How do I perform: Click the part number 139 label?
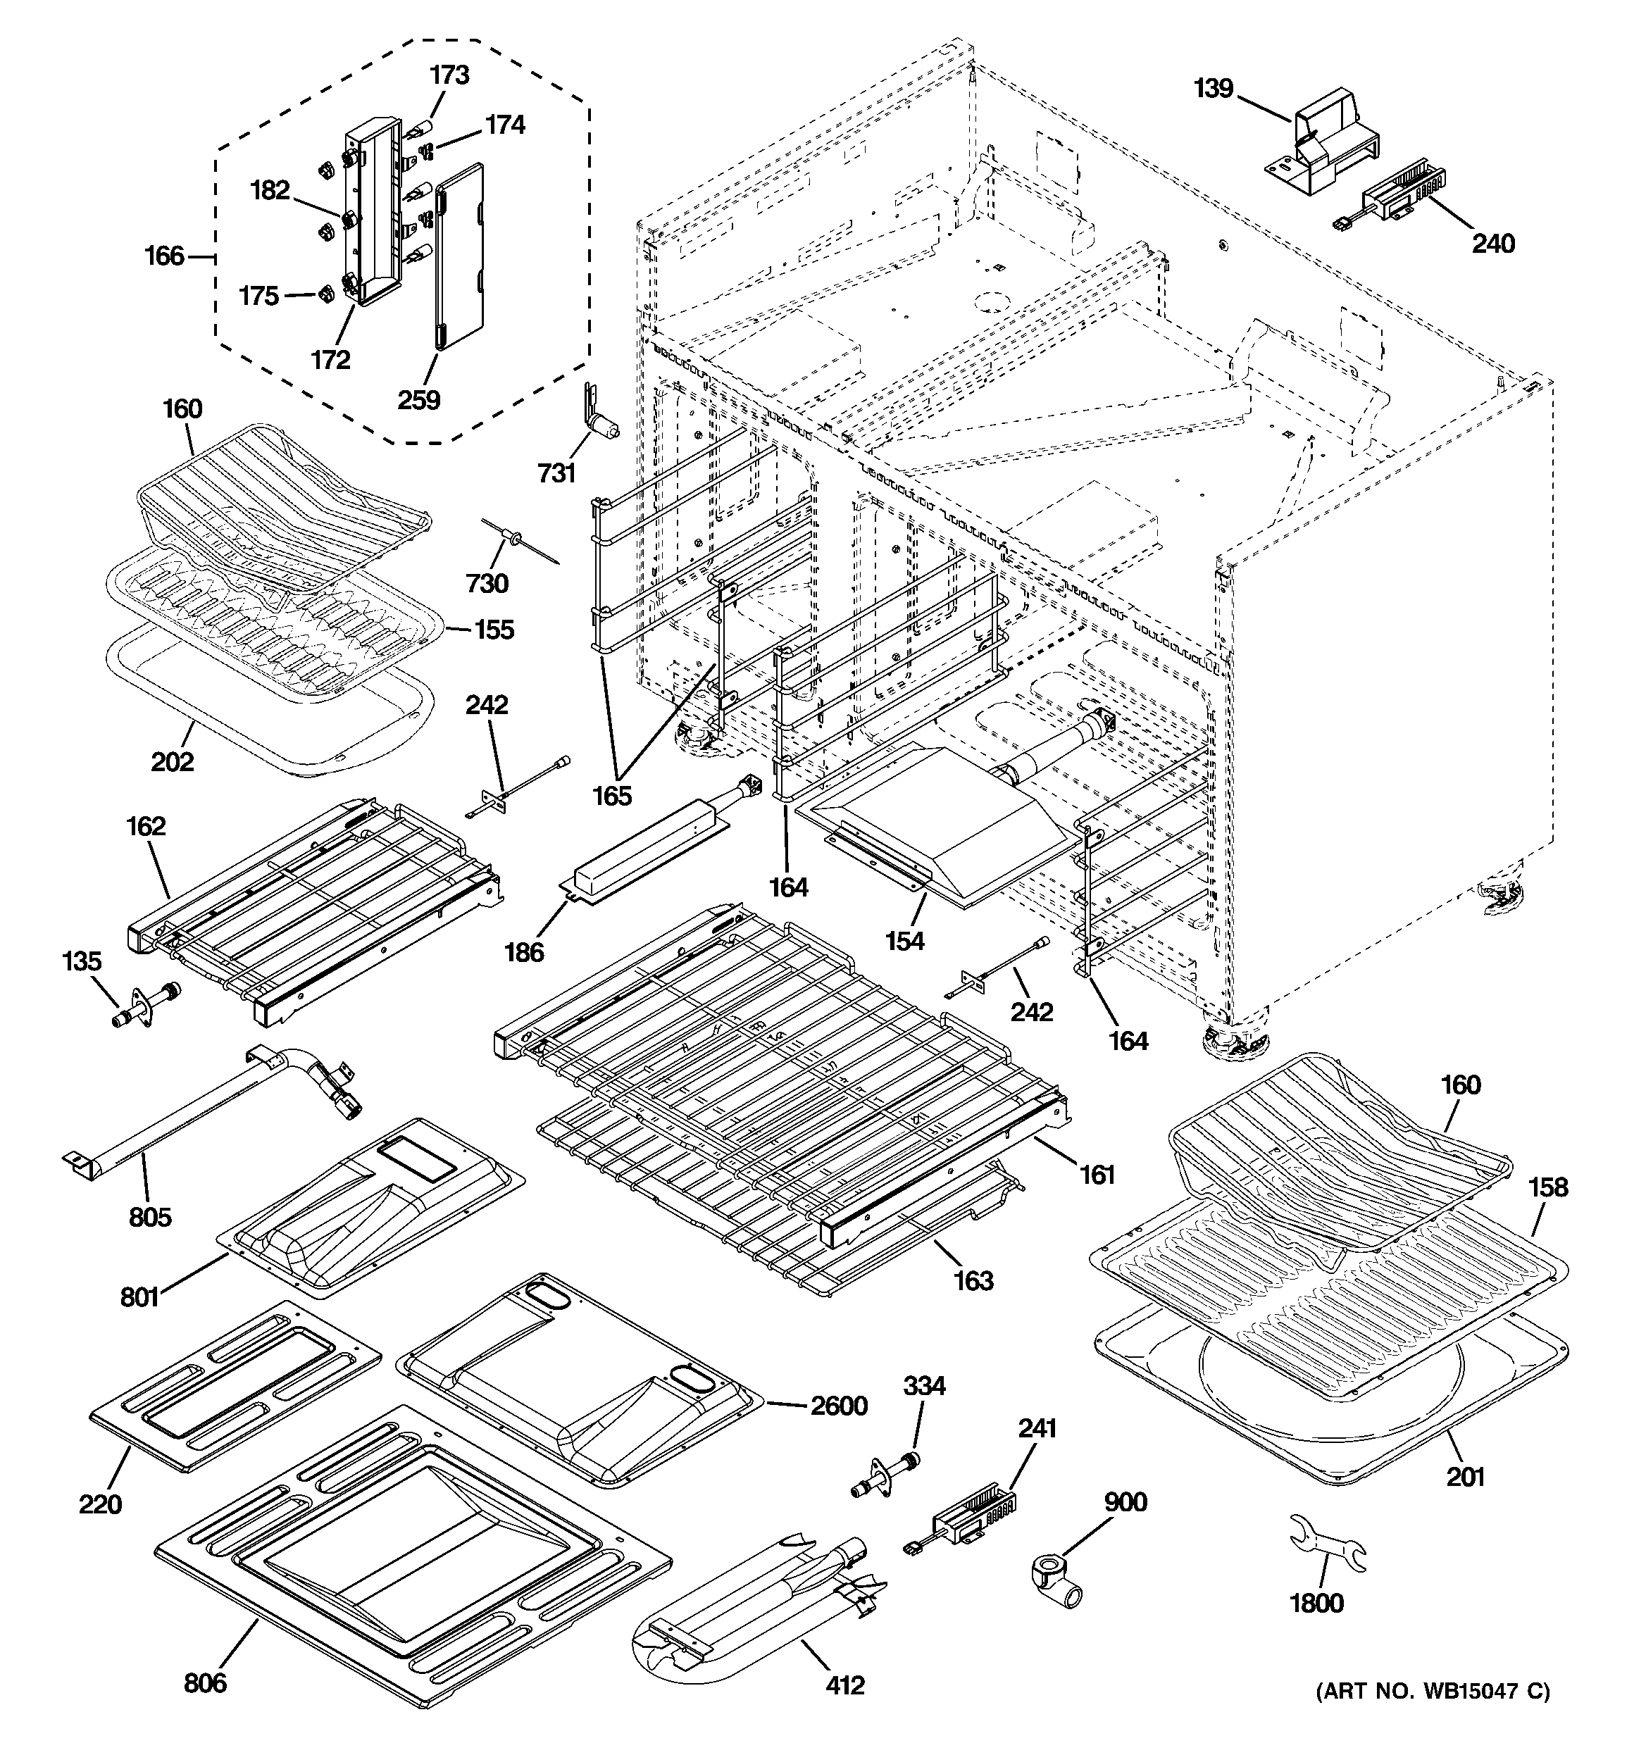pyautogui.click(x=1214, y=89)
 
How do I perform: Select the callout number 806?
pyautogui.click(x=205, y=1682)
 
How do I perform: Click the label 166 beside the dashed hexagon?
pyautogui.click(x=165, y=256)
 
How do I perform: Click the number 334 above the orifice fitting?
pyautogui.click(x=923, y=1385)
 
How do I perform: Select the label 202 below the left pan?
pyautogui.click(x=172, y=761)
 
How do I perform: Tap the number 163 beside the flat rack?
pyautogui.click(x=973, y=1281)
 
